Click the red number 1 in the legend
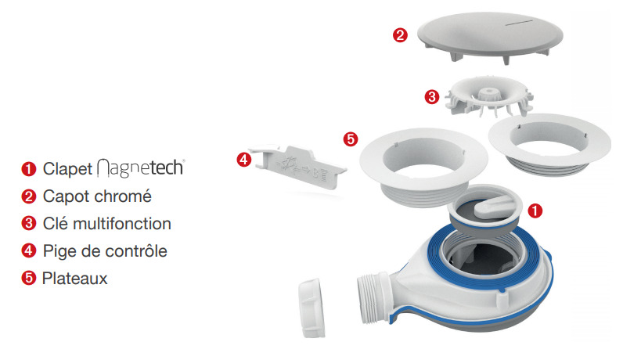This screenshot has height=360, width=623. (x=29, y=169)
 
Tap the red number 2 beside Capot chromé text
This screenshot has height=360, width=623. (x=29, y=196)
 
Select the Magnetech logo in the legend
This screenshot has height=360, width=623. (x=141, y=167)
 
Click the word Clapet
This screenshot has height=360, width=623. (x=67, y=169)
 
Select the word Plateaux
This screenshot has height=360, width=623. (x=74, y=279)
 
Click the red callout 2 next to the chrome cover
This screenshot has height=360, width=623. (x=400, y=35)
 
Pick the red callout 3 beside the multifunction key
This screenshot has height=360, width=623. (x=432, y=96)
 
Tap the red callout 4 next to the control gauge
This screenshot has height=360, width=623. (x=244, y=160)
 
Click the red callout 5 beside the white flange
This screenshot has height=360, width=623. (x=351, y=139)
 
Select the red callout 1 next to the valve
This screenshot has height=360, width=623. (x=535, y=211)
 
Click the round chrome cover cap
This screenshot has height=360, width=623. (x=490, y=37)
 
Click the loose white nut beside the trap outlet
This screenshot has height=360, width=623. (x=312, y=308)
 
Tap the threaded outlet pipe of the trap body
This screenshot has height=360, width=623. (x=373, y=296)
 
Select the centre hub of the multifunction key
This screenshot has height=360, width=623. (x=487, y=95)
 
